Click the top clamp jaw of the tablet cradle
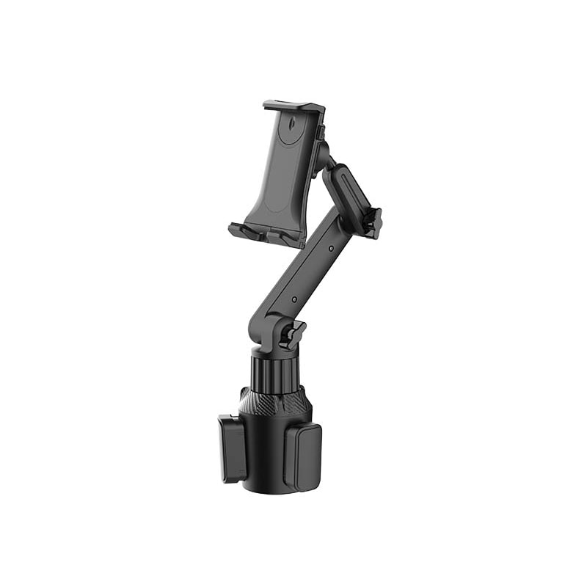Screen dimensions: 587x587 pyautogui.click(x=293, y=106)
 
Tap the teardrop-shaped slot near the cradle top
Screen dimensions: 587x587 pyautogui.click(x=293, y=125)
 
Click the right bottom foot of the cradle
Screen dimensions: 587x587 pyautogui.click(x=289, y=239)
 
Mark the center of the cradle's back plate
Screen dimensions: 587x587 pyautogui.click(x=282, y=176)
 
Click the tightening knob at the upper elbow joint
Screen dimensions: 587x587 pyautogui.click(x=374, y=222)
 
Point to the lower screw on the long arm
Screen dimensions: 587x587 pyautogui.click(x=293, y=299)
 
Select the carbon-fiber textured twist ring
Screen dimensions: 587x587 pyautogui.click(x=273, y=400)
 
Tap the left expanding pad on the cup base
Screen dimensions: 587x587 pyautogui.click(x=231, y=448)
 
